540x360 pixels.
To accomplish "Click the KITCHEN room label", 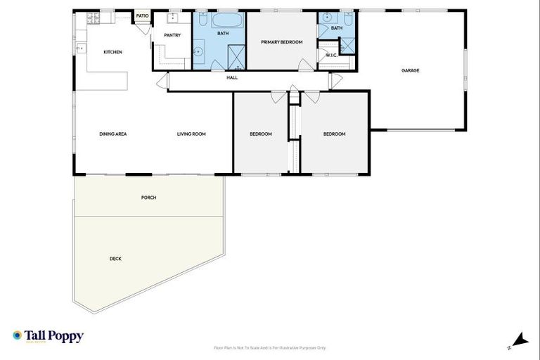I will pos(113,52).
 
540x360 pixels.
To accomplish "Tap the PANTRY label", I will pos(172,35).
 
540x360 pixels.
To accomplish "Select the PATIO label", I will pos(142,15).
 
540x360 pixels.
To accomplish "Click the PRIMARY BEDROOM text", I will pos(281,42).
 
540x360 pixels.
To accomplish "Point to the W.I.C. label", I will pos(332,55).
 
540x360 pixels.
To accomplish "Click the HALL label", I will pos(232,77).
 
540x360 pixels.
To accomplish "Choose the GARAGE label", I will pos(411,70).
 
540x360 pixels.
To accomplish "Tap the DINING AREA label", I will pos(112,134).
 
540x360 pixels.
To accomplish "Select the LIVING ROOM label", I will pos(191,134).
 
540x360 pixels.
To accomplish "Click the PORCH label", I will pos(148,198).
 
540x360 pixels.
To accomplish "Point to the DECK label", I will pos(115,259).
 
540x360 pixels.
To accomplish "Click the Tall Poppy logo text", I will pos(53,336).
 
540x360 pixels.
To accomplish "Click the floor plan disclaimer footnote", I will pos(270,347).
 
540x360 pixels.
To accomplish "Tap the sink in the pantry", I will pos(171,17).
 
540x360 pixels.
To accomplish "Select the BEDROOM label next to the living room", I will pos(261,134).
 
